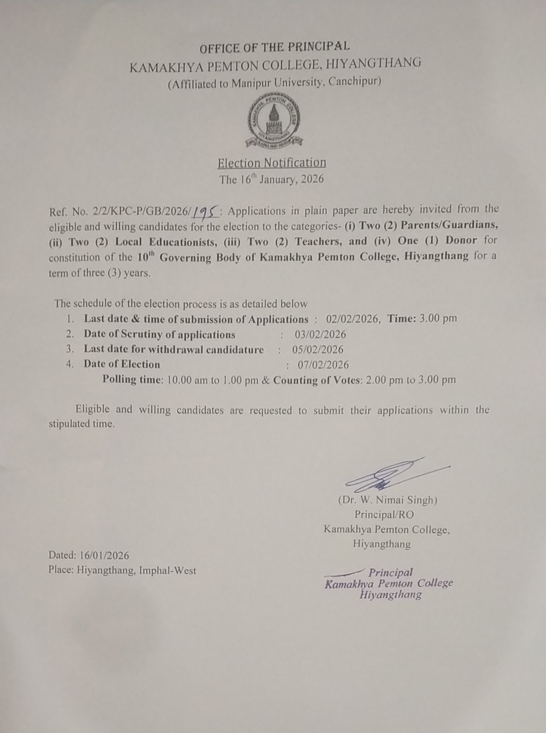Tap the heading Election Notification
click(x=271, y=163)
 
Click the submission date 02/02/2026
click(x=353, y=318)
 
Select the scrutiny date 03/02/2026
click(x=320, y=334)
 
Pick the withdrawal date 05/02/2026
click(x=318, y=349)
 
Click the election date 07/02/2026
click(x=323, y=365)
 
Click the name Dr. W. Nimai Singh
click(x=387, y=500)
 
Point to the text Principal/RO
click(x=384, y=514)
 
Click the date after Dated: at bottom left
click(x=104, y=556)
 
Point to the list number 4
click(x=70, y=364)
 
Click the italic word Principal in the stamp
click(x=390, y=572)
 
